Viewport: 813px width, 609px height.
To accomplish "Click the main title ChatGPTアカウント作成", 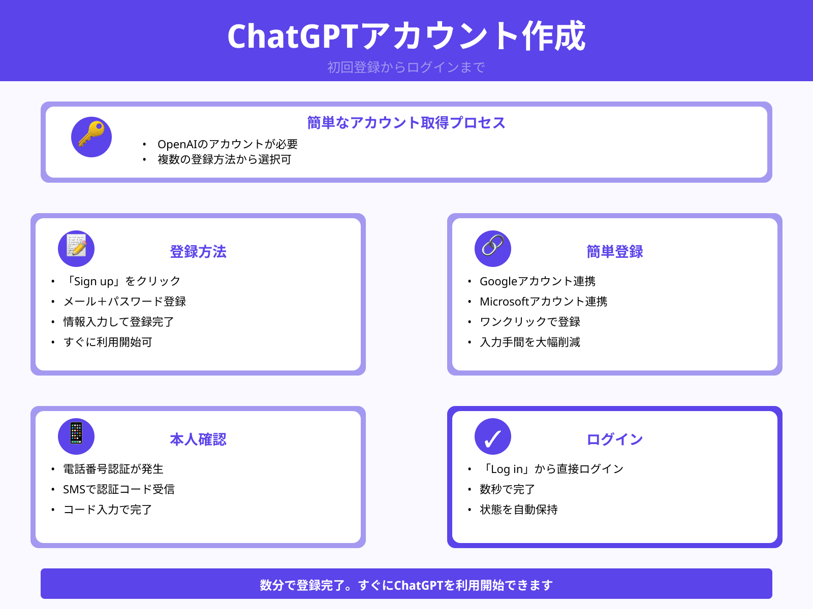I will (x=406, y=36).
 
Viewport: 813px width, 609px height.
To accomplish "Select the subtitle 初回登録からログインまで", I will (x=406, y=67).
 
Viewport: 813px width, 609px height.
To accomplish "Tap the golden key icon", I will (x=91, y=137).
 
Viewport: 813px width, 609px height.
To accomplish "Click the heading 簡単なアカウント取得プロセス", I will (x=406, y=123).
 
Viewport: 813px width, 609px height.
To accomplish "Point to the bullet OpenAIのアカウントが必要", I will (x=227, y=144).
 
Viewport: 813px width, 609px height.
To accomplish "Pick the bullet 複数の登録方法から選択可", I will (x=224, y=159).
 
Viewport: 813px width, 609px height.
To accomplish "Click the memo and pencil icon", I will (x=76, y=249).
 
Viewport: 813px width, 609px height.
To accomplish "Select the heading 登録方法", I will (x=198, y=252).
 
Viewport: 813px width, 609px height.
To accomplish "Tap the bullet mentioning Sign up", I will (x=122, y=281).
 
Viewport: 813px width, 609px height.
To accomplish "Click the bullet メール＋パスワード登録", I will (x=124, y=301).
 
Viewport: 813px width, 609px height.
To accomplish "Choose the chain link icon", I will (x=493, y=249).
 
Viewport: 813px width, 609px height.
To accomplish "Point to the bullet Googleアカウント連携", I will (x=537, y=281).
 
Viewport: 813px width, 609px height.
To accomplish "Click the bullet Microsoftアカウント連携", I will (x=543, y=301).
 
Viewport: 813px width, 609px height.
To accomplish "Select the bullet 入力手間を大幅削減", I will (x=529, y=342).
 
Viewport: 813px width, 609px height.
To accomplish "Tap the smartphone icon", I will (x=76, y=436).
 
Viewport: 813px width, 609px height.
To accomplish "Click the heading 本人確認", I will (x=198, y=439).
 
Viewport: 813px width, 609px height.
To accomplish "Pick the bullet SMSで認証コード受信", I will (x=118, y=489).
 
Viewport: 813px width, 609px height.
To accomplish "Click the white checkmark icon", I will (x=493, y=436).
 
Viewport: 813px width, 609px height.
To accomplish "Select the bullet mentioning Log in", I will (x=551, y=469).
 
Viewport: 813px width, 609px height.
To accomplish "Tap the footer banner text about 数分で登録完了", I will (x=406, y=585).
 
